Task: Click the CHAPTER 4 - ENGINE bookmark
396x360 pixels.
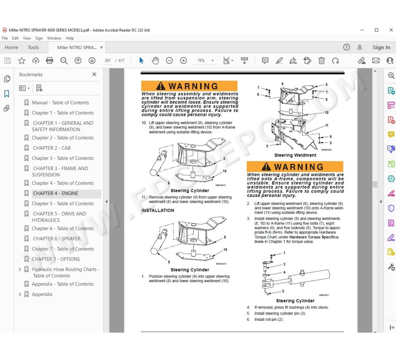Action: pos(55,193)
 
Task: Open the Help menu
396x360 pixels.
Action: pos(70,38)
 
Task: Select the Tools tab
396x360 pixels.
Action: pos(33,47)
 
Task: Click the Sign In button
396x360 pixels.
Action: pos(381,47)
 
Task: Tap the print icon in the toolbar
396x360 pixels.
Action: pos(50,60)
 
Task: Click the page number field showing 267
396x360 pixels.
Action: pos(108,60)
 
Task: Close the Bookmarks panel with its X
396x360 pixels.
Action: pos(94,75)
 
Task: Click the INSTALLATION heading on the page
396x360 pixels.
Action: pos(158,210)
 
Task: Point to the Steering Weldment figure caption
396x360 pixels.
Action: pos(295,155)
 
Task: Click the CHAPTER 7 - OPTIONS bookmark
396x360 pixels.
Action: pos(56,259)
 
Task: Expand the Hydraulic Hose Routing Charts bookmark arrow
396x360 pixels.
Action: pos(20,269)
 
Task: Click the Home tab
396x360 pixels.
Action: pos(12,47)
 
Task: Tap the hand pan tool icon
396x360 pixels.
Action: pos(155,60)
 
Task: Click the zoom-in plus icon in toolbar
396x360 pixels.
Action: pos(183,60)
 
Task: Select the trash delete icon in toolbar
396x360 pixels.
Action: pos(321,60)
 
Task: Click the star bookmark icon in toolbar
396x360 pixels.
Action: pos(22,60)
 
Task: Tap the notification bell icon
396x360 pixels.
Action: pos(360,47)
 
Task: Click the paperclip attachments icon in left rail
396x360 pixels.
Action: pos(6,108)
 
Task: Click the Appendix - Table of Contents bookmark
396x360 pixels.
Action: pos(63,284)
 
